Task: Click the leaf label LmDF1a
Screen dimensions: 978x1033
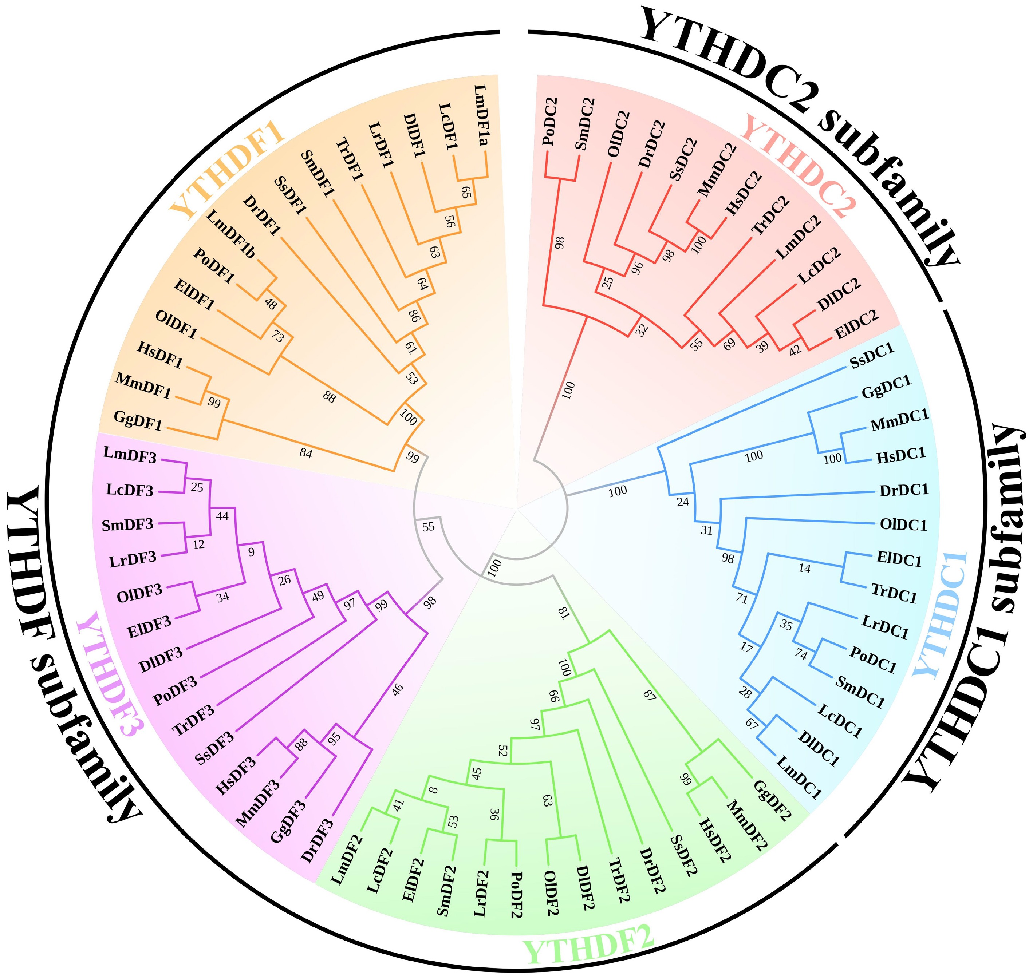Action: [x=481, y=116]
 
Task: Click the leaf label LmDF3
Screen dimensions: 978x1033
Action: [x=130, y=455]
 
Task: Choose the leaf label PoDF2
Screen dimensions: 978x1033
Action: [x=516, y=895]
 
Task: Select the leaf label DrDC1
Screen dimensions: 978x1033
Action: [x=904, y=490]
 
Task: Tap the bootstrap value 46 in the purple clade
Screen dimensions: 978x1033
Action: [x=397, y=690]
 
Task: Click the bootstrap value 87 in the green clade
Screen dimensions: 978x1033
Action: [x=650, y=695]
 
